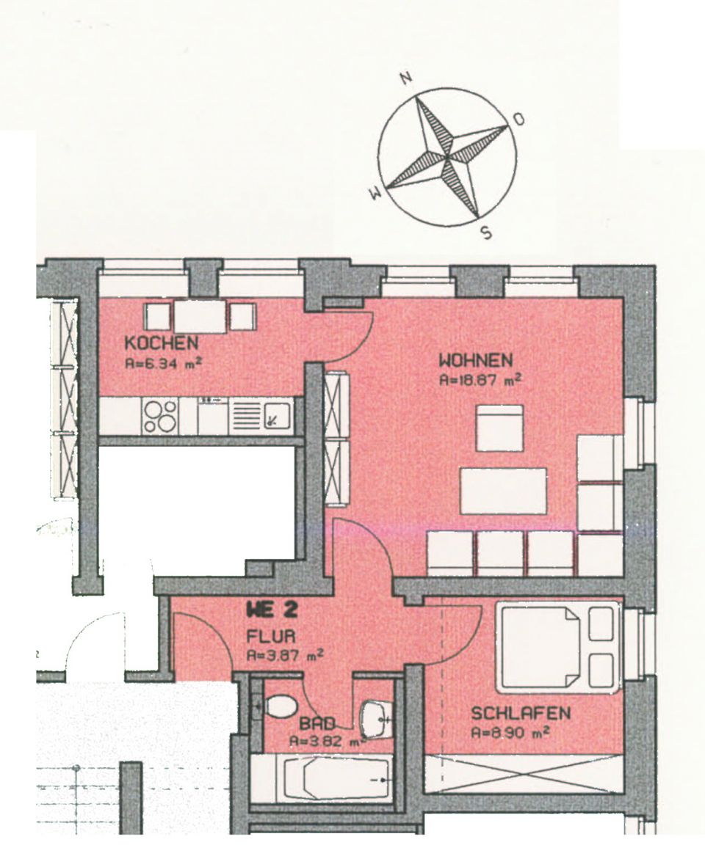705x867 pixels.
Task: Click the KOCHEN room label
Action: point(161,343)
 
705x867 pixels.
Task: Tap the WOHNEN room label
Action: point(476,360)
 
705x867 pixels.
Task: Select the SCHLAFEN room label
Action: point(520,713)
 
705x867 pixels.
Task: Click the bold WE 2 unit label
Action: point(272,610)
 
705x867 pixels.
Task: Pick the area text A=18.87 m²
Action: point(480,381)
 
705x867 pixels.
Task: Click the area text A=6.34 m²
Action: point(162,364)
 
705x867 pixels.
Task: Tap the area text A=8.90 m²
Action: point(510,733)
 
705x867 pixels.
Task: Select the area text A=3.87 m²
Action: point(285,656)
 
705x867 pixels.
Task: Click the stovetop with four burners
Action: point(160,417)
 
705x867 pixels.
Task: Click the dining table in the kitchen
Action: point(200,316)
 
